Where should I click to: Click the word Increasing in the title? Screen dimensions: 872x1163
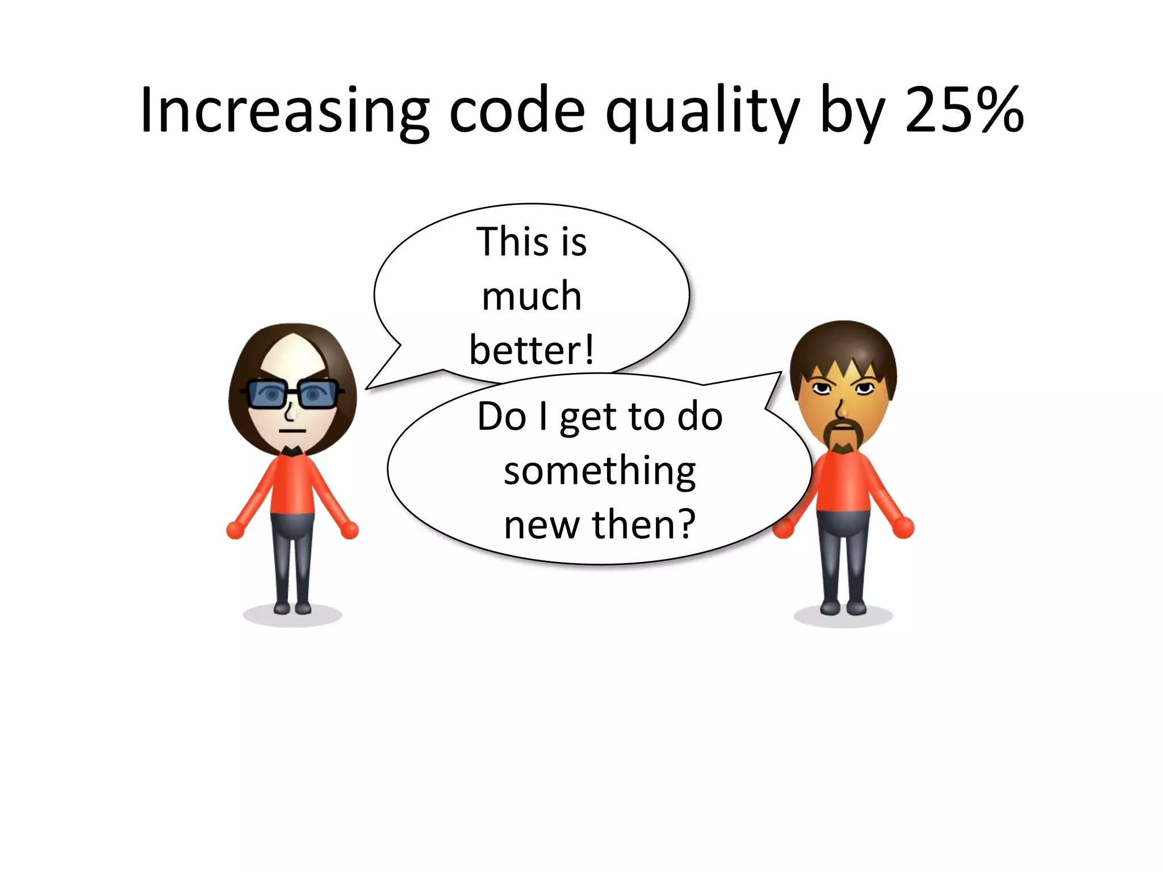coord(284,111)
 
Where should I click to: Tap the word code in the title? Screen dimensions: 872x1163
coord(517,111)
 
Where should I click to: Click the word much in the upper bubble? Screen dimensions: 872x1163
coord(532,296)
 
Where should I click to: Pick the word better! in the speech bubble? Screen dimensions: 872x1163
coord(532,350)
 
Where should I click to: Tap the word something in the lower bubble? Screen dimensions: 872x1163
coord(600,471)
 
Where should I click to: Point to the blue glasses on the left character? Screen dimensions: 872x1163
coord(292,393)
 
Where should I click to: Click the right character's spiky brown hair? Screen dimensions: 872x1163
coord(843,343)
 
